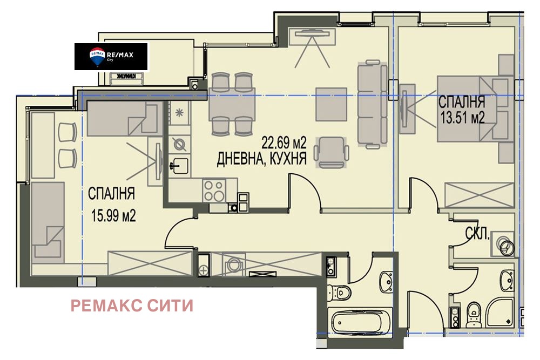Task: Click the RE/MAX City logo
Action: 111,56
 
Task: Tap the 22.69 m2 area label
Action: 284,143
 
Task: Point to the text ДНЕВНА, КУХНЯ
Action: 262,159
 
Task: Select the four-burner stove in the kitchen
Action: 215,190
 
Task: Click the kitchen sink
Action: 178,164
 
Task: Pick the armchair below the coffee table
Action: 330,151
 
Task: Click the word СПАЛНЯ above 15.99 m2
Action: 111,193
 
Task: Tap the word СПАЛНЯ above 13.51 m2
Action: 461,102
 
